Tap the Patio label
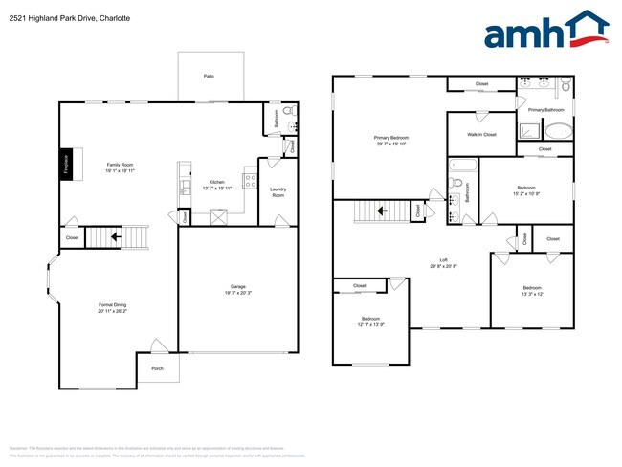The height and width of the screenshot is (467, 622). point(208,75)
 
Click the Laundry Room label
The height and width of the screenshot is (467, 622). point(278,191)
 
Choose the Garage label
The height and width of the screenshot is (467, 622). point(237,291)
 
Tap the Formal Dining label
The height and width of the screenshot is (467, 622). point(113,307)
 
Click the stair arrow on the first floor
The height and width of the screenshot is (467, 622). point(116,236)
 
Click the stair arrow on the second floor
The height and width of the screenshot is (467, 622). point(381,211)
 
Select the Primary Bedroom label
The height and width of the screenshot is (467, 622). point(390,140)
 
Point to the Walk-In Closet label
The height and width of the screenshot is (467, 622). point(481,135)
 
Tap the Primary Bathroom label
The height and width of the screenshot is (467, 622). point(547,110)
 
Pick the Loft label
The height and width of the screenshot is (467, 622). point(443,262)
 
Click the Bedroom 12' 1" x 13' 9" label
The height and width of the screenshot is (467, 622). point(371,321)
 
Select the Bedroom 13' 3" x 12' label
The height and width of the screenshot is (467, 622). point(532,291)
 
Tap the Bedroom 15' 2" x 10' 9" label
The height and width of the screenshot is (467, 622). point(526,190)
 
